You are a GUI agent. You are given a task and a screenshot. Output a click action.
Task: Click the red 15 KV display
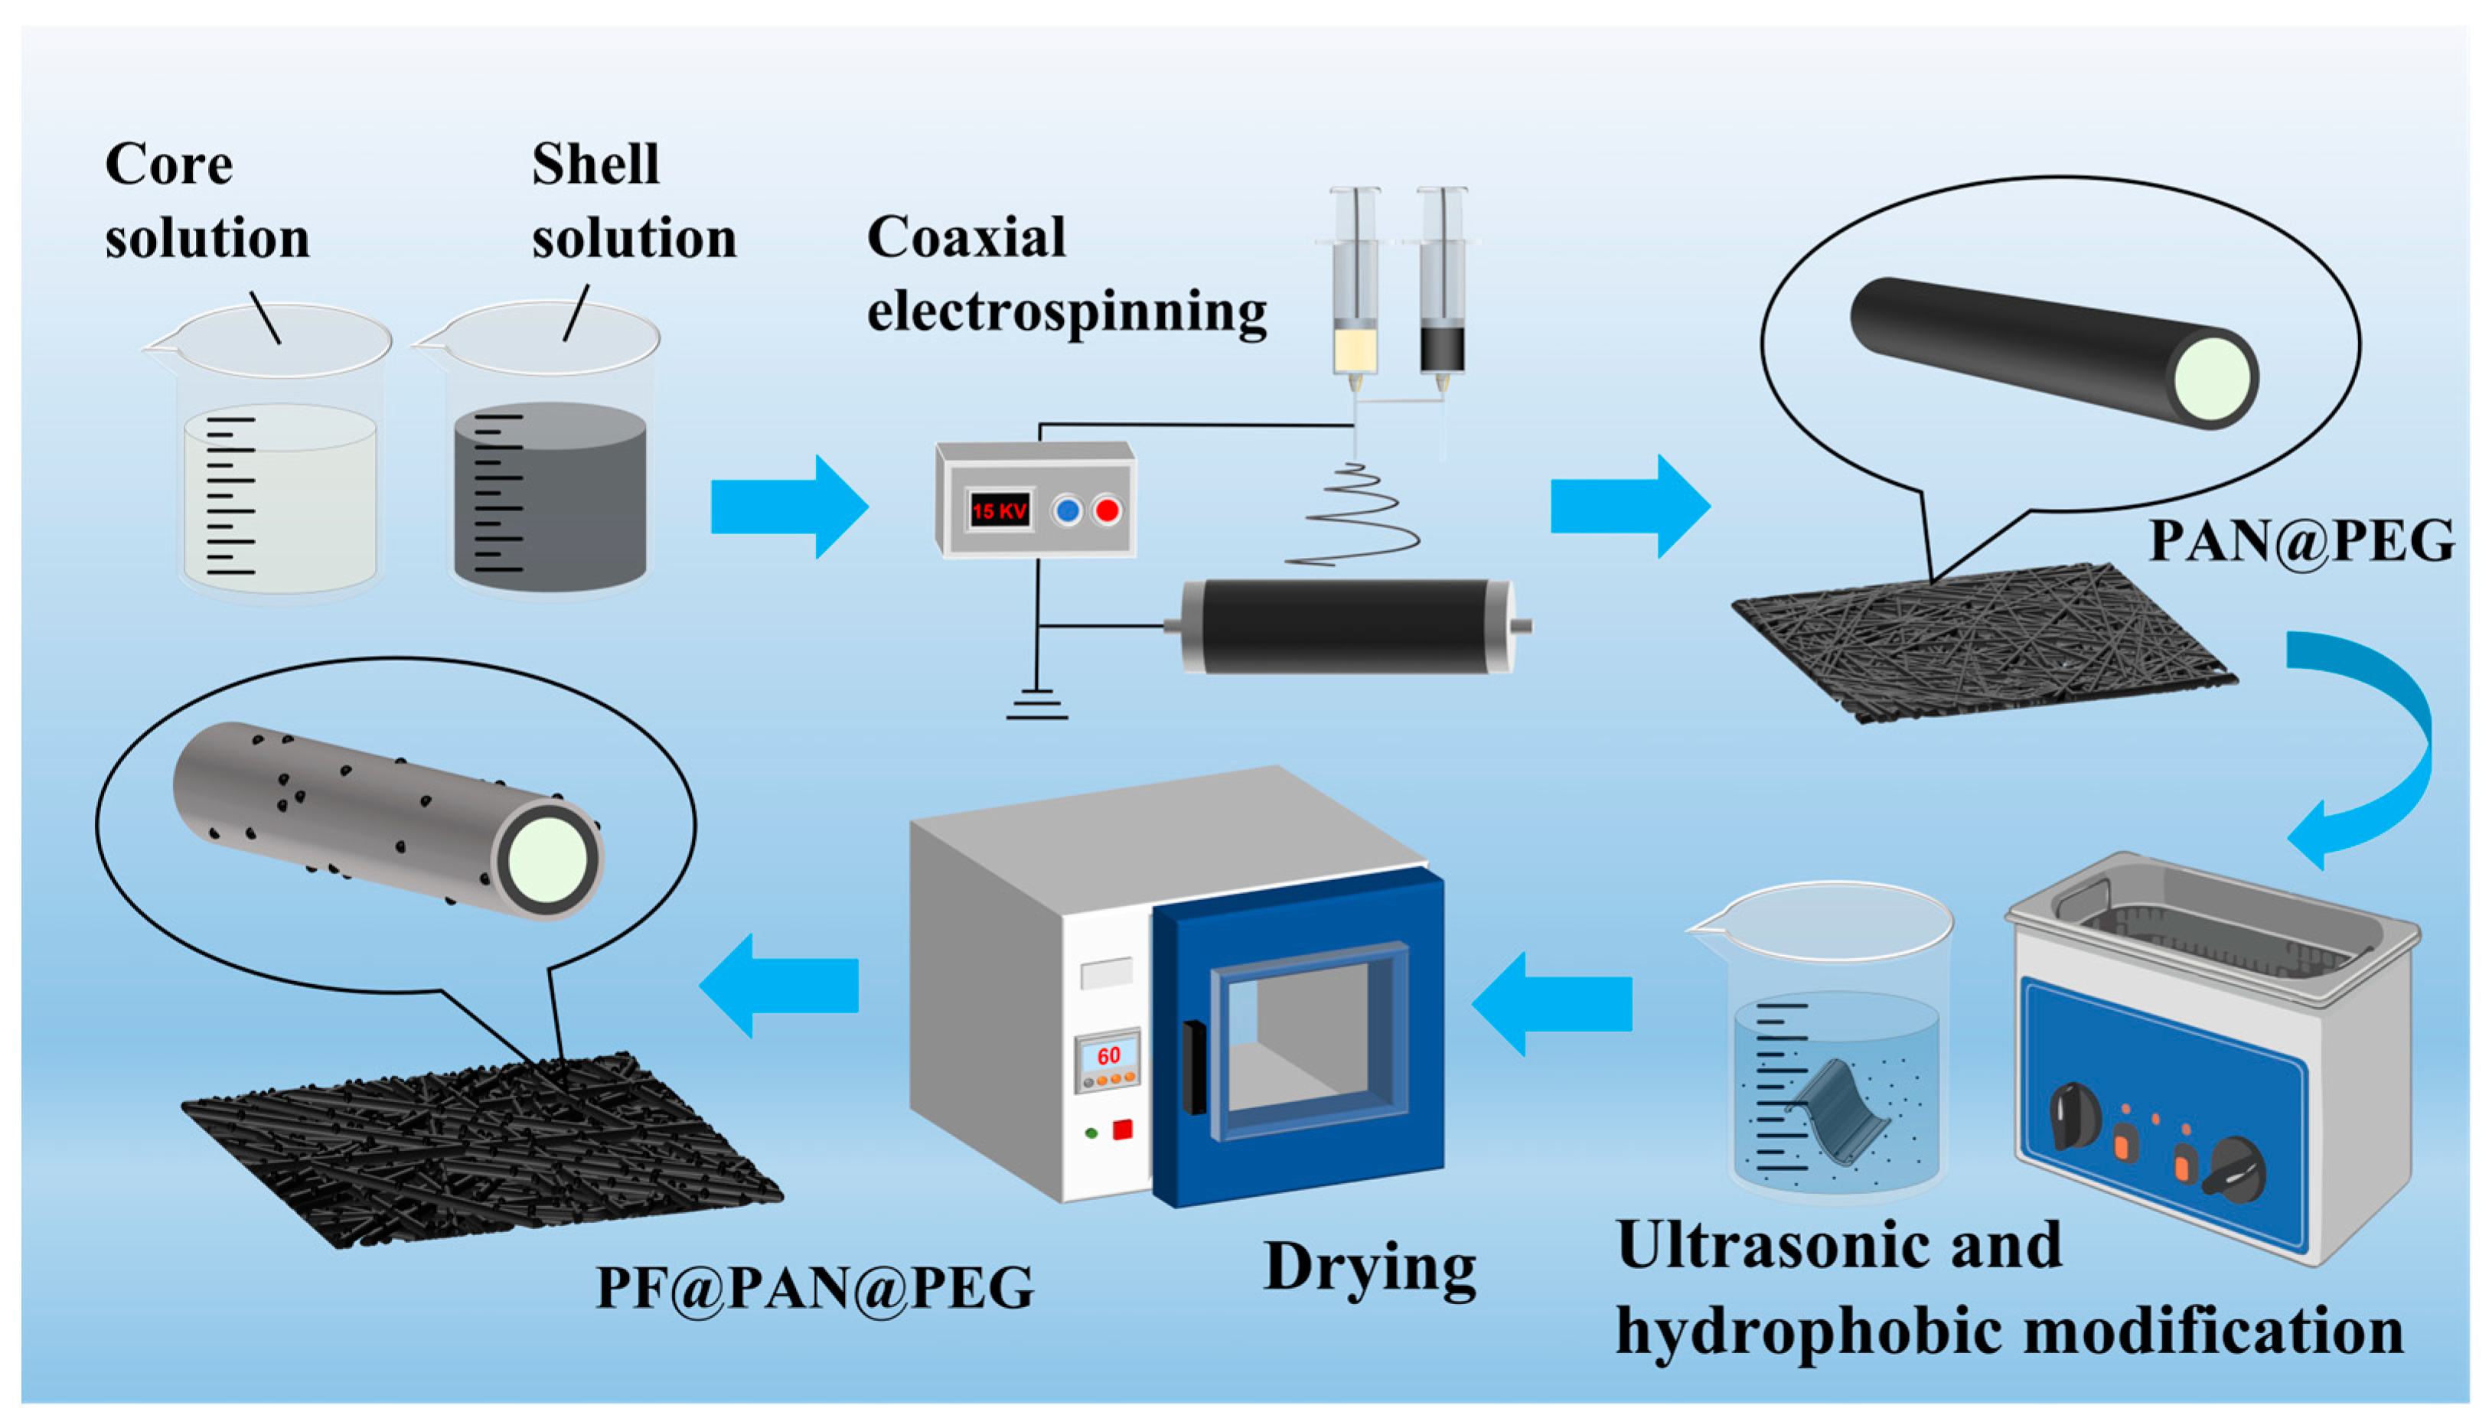tap(998, 510)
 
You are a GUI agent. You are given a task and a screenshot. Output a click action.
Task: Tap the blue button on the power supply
tap(1067, 510)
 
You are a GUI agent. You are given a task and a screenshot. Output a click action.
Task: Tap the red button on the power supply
tap(1107, 510)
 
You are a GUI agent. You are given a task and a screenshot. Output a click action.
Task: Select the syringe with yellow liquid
tap(1355, 294)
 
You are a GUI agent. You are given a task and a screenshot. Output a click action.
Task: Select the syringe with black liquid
tap(1443, 294)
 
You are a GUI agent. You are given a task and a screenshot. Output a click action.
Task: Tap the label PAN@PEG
tap(2301, 540)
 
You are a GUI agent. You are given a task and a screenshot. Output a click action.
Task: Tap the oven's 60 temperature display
tap(1108, 1056)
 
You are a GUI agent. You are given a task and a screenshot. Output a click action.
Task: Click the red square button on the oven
tap(1123, 1130)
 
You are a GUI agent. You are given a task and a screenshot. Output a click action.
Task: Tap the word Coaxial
tap(966, 237)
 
